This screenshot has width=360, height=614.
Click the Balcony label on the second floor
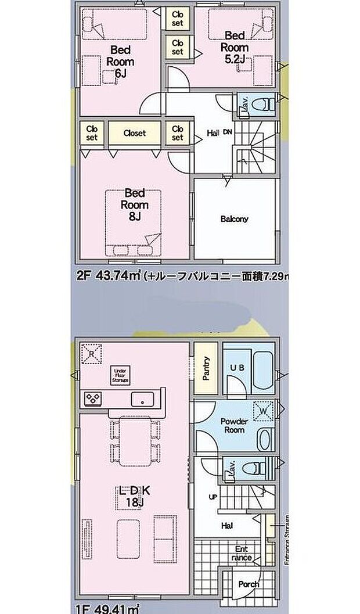click(234, 219)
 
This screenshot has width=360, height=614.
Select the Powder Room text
click(235, 426)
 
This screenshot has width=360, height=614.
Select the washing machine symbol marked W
click(262, 410)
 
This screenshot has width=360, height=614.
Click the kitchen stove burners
click(93, 398)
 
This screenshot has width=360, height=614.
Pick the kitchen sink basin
click(142, 399)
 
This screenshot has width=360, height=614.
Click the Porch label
click(248, 584)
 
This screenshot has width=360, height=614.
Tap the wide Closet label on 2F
click(134, 132)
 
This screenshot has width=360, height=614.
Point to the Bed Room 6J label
click(120, 62)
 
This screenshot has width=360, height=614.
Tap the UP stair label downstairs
click(213, 497)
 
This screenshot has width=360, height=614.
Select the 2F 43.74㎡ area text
click(110, 277)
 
